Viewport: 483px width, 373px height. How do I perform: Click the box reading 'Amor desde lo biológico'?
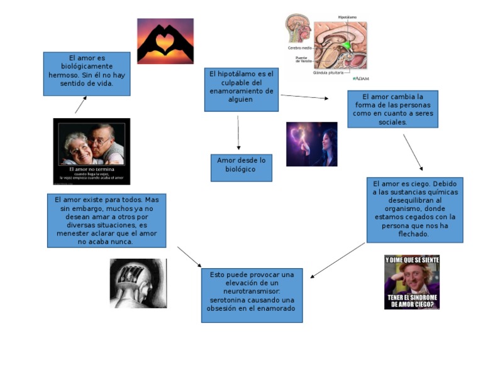click(241, 168)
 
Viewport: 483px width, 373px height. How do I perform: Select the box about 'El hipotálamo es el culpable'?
click(241, 90)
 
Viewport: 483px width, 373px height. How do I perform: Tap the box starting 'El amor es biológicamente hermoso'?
click(87, 73)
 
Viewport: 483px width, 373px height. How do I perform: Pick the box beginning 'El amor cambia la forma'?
click(392, 109)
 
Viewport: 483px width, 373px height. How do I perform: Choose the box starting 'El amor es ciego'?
click(414, 210)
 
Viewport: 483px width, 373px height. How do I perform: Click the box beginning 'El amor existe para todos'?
click(106, 220)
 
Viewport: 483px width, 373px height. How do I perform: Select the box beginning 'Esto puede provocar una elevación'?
click(252, 295)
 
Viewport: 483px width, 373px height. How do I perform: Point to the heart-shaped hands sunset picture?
click(165, 41)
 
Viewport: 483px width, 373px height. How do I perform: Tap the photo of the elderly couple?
click(92, 151)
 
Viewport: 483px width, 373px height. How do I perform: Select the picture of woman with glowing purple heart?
click(311, 144)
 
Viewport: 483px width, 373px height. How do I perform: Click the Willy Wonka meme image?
click(412, 282)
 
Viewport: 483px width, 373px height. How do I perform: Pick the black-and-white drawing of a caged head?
click(138, 283)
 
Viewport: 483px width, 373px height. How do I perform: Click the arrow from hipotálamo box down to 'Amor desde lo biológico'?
click(238, 132)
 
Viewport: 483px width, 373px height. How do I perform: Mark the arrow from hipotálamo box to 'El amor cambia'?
click(304, 97)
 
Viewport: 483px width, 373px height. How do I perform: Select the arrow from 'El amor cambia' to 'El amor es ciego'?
click(413, 152)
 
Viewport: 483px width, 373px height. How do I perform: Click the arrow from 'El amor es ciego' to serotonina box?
click(338, 260)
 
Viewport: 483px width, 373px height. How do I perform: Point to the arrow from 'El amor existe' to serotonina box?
click(189, 256)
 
